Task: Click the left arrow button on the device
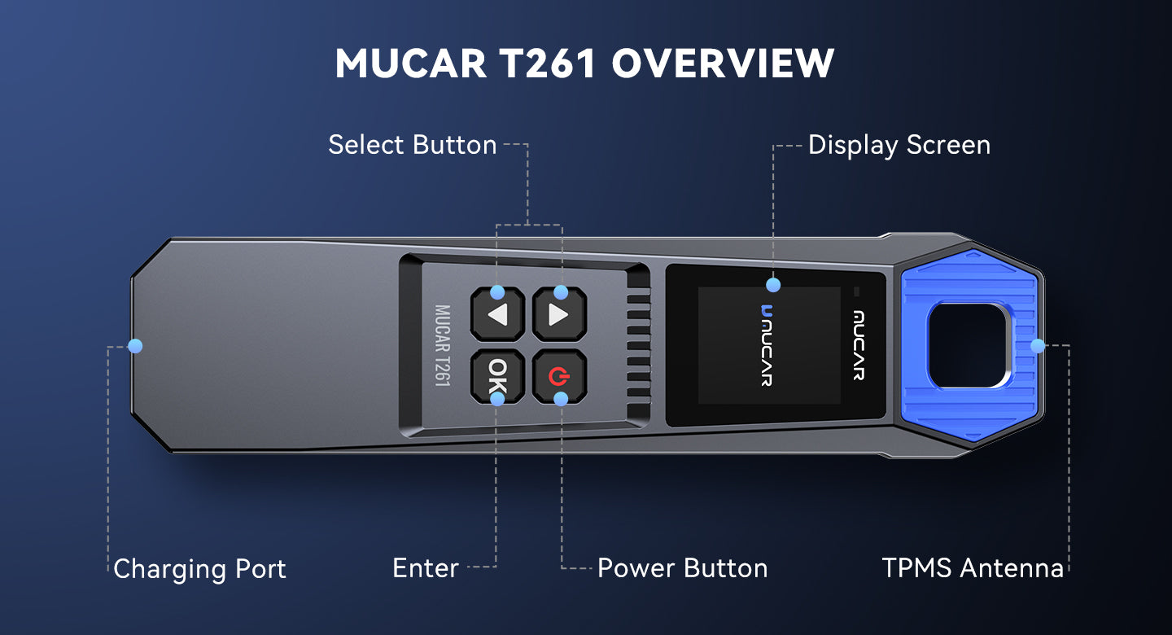click(497, 314)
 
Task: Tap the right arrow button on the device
click(559, 314)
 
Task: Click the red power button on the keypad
click(559, 376)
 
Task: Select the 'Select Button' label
click(413, 145)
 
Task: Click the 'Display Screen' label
click(899, 146)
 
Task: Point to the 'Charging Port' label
click(199, 569)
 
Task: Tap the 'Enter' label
click(426, 568)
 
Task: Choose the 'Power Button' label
click(682, 568)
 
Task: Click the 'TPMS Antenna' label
click(973, 568)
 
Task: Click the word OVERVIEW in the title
click(723, 63)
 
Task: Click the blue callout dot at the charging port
click(135, 345)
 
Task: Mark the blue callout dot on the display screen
click(773, 285)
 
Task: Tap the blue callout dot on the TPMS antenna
click(1038, 345)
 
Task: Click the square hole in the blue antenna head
click(969, 345)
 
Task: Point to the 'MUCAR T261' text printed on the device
click(443, 346)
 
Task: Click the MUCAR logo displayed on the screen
click(767, 345)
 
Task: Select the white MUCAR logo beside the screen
click(859, 345)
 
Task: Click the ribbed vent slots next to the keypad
click(638, 345)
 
